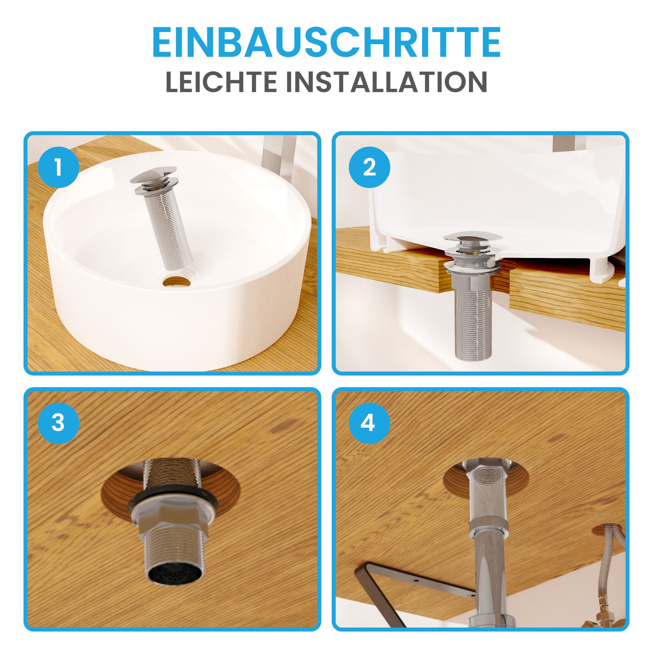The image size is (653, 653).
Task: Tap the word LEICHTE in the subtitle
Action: click(222, 82)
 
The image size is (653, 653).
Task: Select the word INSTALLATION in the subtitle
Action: click(387, 82)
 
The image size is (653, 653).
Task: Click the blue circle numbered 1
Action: click(58, 167)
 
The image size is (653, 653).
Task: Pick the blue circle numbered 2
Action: click(369, 167)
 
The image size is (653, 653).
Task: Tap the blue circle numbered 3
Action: click(58, 423)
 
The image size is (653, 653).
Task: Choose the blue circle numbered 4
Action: click(369, 423)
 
